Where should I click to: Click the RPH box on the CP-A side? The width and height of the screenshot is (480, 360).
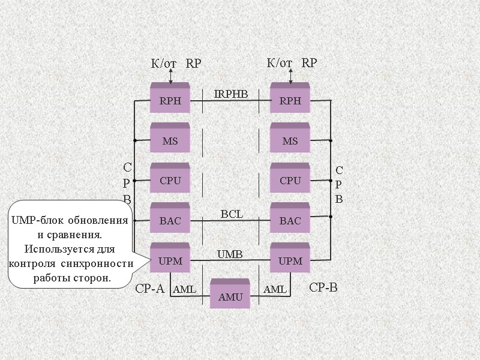(170, 100)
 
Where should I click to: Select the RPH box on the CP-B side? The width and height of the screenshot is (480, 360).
(290, 100)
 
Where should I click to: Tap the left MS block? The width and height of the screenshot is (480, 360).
(170, 140)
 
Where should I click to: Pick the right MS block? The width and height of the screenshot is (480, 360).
(290, 140)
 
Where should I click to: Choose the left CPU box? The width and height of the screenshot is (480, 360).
(170, 180)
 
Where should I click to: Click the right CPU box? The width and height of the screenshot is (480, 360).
(290, 180)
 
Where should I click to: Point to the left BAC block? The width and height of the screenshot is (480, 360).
(170, 220)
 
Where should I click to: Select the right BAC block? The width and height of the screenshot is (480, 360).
(290, 220)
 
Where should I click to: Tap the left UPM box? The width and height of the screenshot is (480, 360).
(170, 260)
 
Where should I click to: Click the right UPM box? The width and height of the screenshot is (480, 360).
(290, 260)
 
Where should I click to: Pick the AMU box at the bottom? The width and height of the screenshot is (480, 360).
(230, 296)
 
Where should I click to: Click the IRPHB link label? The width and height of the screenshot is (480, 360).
(230, 94)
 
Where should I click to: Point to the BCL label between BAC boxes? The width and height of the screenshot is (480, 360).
(232, 214)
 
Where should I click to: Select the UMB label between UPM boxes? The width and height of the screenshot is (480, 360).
(230, 254)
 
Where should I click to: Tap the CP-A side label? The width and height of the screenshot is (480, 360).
(149, 289)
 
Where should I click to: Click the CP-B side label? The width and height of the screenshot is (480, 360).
(323, 288)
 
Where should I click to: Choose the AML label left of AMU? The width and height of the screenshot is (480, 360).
(184, 290)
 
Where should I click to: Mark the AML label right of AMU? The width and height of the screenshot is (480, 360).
(275, 290)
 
